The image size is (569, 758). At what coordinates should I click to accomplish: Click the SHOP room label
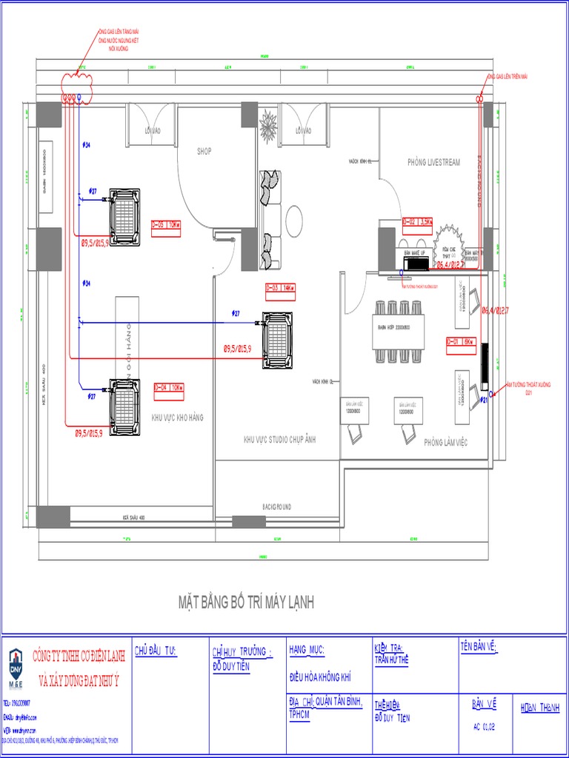[x=204, y=151]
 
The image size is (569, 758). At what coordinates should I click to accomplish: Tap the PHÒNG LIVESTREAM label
[x=433, y=162]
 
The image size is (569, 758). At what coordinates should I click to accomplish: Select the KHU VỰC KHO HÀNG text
[x=177, y=417]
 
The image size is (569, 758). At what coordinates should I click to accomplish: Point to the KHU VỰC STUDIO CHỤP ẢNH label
[x=280, y=440]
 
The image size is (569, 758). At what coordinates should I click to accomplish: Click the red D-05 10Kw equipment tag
[x=166, y=225]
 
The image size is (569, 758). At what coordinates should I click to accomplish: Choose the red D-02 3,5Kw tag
[x=417, y=221]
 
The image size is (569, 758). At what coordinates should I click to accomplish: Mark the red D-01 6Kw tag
[x=459, y=341]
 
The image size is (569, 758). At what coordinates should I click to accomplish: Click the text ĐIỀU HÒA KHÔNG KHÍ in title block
[x=319, y=677]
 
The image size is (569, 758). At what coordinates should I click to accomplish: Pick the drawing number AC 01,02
[x=484, y=726]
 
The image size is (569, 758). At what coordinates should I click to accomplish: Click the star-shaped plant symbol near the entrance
[x=267, y=126]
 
